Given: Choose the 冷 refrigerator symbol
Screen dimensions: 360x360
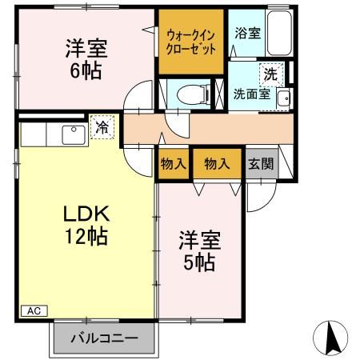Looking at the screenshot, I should (x=102, y=126).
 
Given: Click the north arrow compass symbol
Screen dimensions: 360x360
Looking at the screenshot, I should (x=335, y=338).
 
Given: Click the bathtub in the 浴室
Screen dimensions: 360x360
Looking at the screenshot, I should (x=277, y=33).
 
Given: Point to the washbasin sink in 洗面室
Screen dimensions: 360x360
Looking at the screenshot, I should (x=283, y=98).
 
